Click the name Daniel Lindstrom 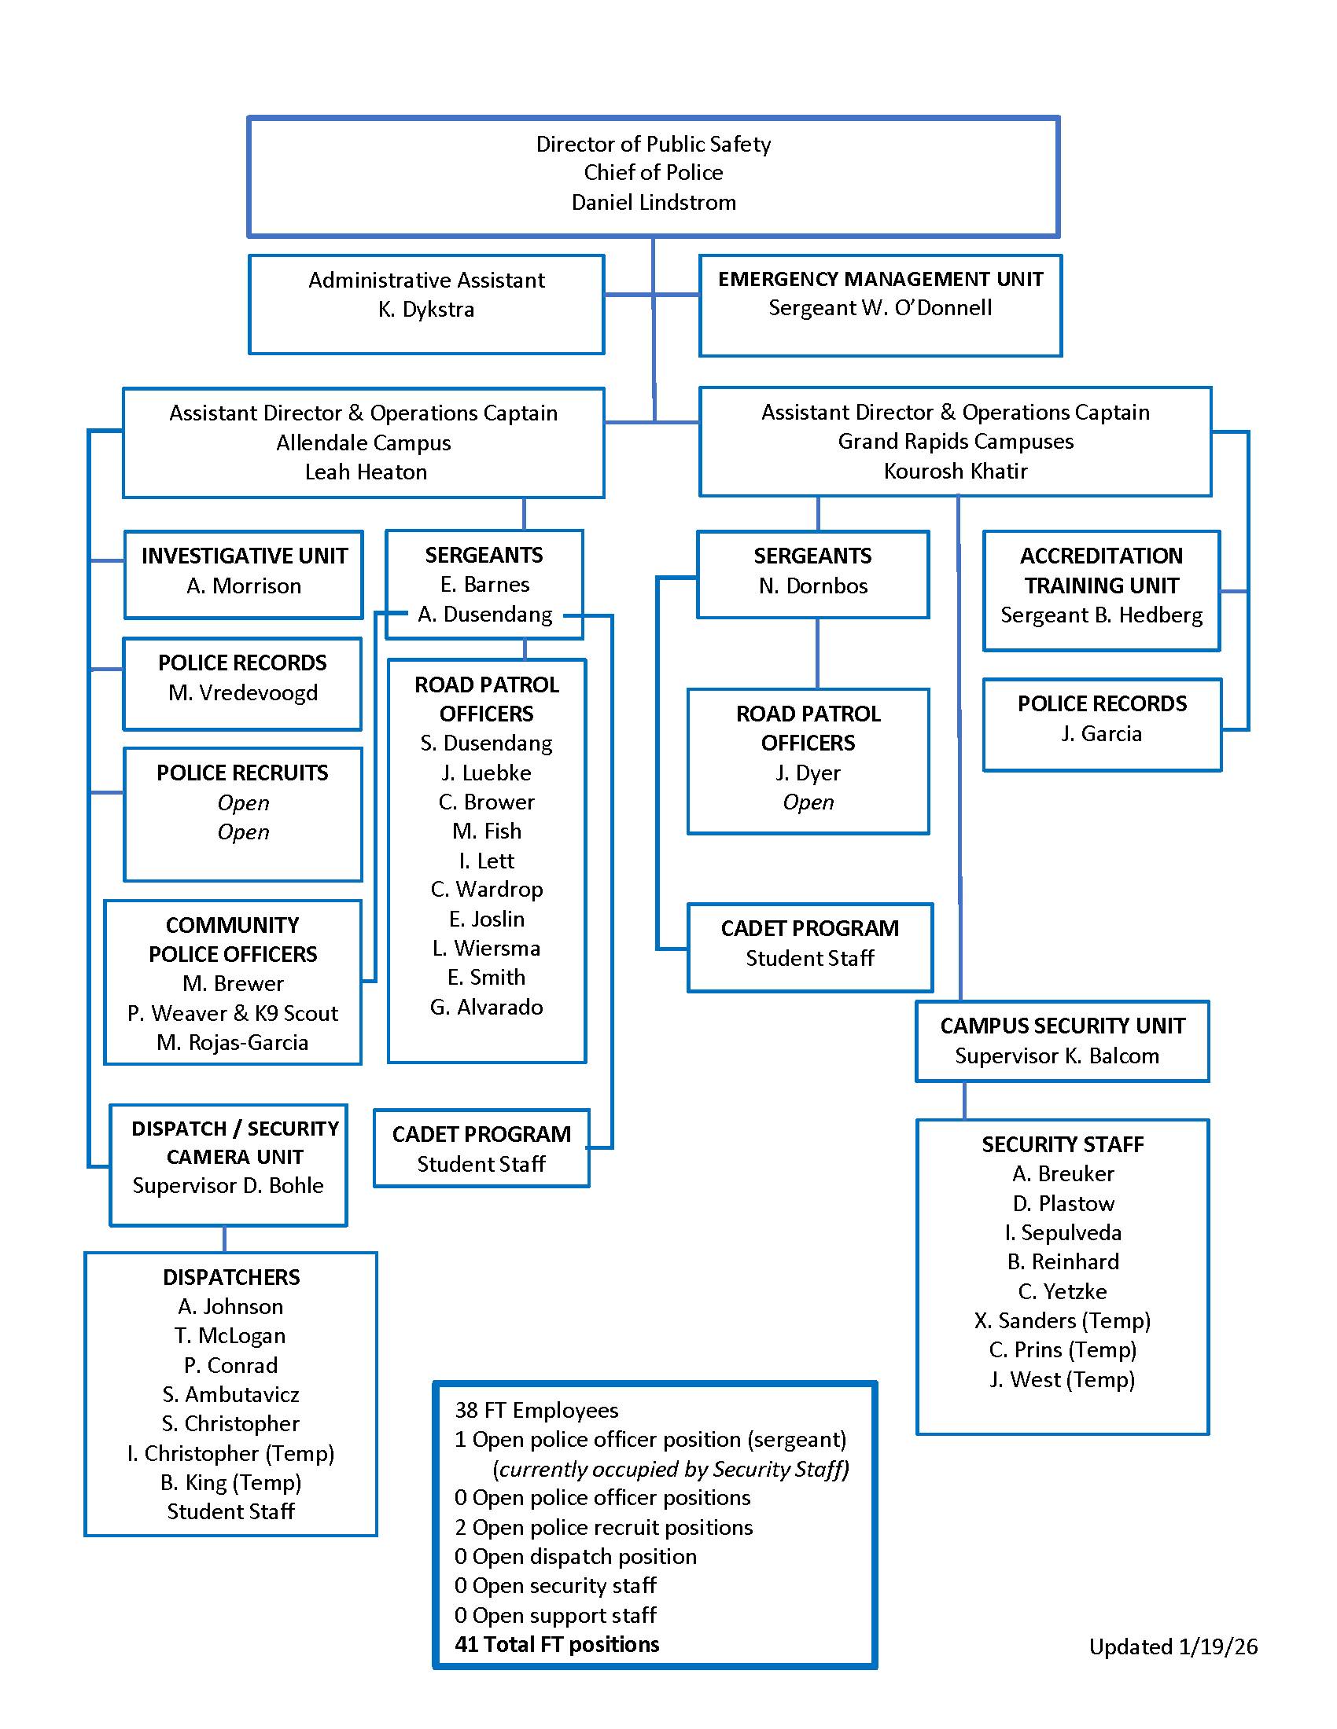(654, 203)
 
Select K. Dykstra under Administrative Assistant (426, 310)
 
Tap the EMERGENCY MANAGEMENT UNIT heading (880, 279)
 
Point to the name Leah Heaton (365, 472)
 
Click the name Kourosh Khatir (956, 472)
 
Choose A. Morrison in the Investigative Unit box (244, 586)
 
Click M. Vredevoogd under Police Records (242, 693)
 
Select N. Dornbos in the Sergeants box (812, 586)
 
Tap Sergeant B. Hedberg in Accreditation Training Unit (1101, 616)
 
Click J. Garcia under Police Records (1101, 735)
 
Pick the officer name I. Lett (486, 861)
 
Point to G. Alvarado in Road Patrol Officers (486, 1008)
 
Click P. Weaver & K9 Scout (233, 1014)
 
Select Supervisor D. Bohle (228, 1186)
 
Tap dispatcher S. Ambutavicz (230, 1395)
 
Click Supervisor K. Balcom (1056, 1057)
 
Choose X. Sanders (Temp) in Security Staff (1063, 1321)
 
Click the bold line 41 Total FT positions (557, 1645)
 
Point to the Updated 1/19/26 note (1173, 1647)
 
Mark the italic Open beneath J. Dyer (808, 802)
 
